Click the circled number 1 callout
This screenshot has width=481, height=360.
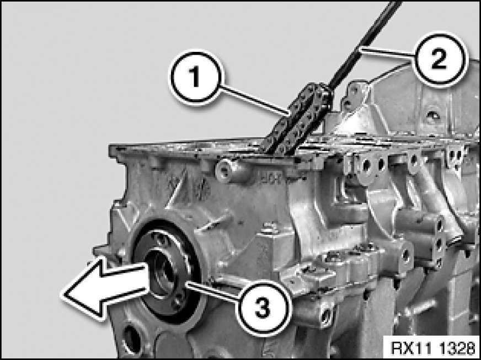[195, 77]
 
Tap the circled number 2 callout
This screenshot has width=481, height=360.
[439, 59]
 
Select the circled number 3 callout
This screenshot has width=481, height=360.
[263, 308]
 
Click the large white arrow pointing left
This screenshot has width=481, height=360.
[106, 287]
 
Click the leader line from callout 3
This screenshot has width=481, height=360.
[213, 291]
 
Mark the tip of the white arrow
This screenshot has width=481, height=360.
[63, 294]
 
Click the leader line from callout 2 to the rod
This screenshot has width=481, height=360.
[387, 52]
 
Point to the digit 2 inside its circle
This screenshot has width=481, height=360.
[439, 59]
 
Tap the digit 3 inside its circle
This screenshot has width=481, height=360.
[263, 308]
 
